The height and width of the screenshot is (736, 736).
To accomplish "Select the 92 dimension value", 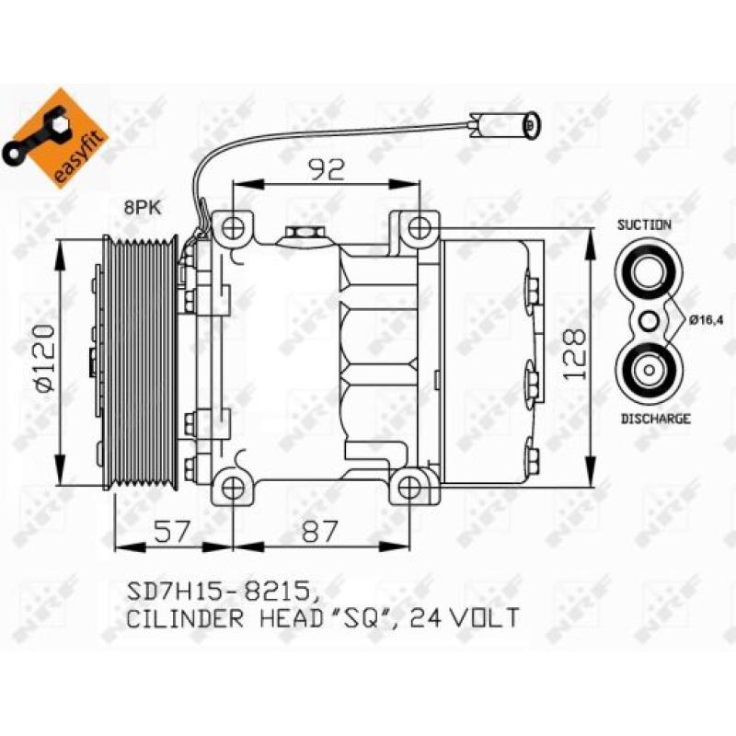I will point(326,167).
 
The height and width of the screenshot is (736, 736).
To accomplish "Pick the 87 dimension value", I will point(319,531).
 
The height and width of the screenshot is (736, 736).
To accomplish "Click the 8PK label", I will point(143,209).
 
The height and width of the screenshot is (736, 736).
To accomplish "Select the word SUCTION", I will point(644,224).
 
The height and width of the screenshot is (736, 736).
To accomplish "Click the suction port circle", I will point(647,271).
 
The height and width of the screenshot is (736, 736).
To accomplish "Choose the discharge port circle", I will point(647,370).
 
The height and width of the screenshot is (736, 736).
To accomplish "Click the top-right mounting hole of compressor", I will point(420,226).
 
